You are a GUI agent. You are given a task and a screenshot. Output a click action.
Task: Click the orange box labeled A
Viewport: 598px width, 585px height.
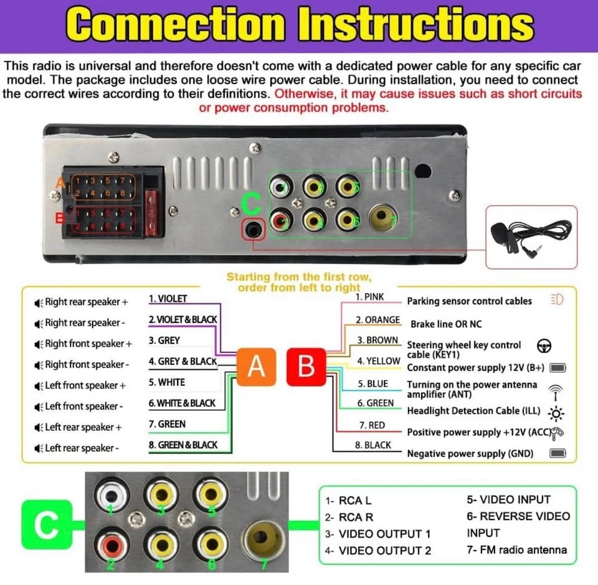coord(256,367)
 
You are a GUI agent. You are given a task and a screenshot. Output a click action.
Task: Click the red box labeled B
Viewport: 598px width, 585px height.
coord(306,367)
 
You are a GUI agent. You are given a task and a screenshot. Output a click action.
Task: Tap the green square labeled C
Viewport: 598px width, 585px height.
coord(47,525)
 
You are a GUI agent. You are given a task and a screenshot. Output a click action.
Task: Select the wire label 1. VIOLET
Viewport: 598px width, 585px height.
coord(168,298)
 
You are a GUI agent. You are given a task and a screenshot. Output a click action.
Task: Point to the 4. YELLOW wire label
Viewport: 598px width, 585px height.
coord(379,361)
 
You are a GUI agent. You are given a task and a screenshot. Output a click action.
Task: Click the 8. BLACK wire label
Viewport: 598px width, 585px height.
coord(373,445)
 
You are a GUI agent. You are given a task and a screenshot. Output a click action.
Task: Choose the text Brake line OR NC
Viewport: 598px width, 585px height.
coord(446,324)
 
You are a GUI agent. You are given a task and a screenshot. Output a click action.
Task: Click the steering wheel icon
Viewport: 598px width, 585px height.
coord(544,345)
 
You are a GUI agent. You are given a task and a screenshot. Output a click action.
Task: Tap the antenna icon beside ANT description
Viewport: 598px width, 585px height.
coord(555,393)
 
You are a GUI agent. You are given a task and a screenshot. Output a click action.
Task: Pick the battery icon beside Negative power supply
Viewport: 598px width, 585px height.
coord(558,453)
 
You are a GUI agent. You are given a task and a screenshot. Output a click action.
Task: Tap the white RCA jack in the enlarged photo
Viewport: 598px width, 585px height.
coord(112,495)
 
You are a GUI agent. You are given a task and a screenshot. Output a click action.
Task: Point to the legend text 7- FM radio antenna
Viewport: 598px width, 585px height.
coord(517,550)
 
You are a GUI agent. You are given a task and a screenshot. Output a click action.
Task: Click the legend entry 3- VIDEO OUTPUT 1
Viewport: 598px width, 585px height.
coord(378,533)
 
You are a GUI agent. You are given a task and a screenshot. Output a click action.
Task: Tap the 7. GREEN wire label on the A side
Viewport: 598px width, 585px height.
coord(167,424)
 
